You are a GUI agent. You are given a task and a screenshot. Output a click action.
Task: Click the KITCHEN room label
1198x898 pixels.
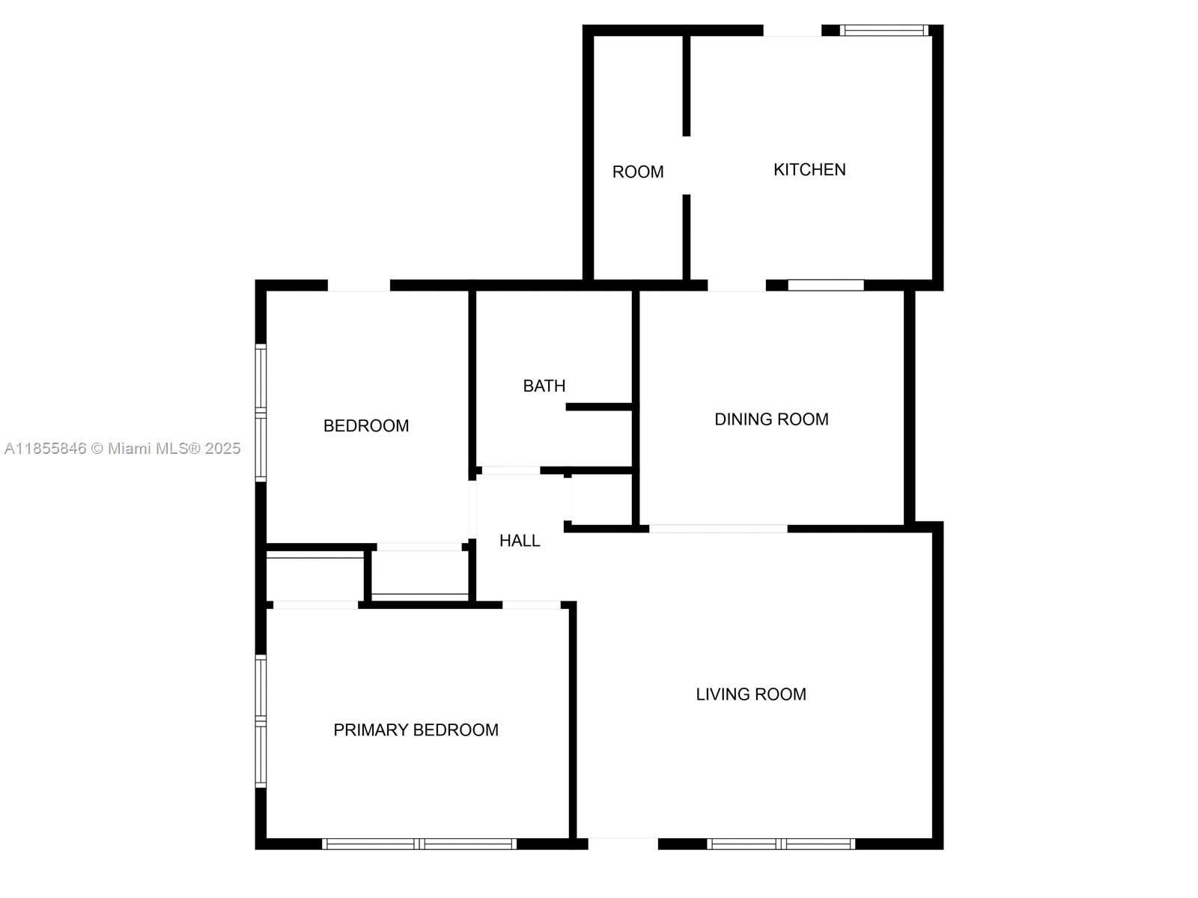(x=809, y=170)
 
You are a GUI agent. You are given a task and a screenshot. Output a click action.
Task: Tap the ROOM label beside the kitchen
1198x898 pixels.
(x=638, y=172)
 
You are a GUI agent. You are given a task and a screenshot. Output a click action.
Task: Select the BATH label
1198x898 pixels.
(x=544, y=386)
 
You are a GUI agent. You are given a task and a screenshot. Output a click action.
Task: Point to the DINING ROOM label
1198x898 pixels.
(x=771, y=419)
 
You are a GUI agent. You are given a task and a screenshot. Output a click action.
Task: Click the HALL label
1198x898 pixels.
(x=520, y=541)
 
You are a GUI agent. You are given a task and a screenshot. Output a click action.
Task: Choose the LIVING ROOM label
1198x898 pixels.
(x=751, y=695)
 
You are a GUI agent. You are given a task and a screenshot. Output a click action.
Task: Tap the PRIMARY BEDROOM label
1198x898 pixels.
(x=416, y=730)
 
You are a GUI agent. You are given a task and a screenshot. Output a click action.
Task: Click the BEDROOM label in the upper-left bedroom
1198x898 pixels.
(x=366, y=426)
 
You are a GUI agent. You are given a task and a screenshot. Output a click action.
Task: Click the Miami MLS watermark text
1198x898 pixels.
(x=123, y=449)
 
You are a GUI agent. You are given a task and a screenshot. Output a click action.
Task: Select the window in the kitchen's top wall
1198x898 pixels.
(x=884, y=31)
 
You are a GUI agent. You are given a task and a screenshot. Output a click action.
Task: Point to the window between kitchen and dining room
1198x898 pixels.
(x=826, y=285)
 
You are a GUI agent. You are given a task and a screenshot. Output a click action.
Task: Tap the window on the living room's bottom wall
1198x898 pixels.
(x=780, y=844)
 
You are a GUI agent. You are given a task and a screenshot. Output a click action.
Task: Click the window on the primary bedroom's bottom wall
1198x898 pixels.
(x=419, y=844)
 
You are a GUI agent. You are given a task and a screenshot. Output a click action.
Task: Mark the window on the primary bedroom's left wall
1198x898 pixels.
(x=261, y=720)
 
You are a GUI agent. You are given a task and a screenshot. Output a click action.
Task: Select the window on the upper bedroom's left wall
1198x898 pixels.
(x=261, y=412)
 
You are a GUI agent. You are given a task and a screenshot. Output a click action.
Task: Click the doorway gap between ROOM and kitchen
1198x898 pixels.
(x=686, y=166)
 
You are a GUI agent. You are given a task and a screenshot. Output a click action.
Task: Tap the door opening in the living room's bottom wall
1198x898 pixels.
(x=622, y=843)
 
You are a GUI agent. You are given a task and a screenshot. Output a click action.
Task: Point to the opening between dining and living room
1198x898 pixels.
(x=718, y=529)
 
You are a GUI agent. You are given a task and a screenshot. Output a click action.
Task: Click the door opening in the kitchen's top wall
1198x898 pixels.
(x=792, y=31)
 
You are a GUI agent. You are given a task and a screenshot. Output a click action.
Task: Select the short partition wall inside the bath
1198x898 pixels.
(x=600, y=407)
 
